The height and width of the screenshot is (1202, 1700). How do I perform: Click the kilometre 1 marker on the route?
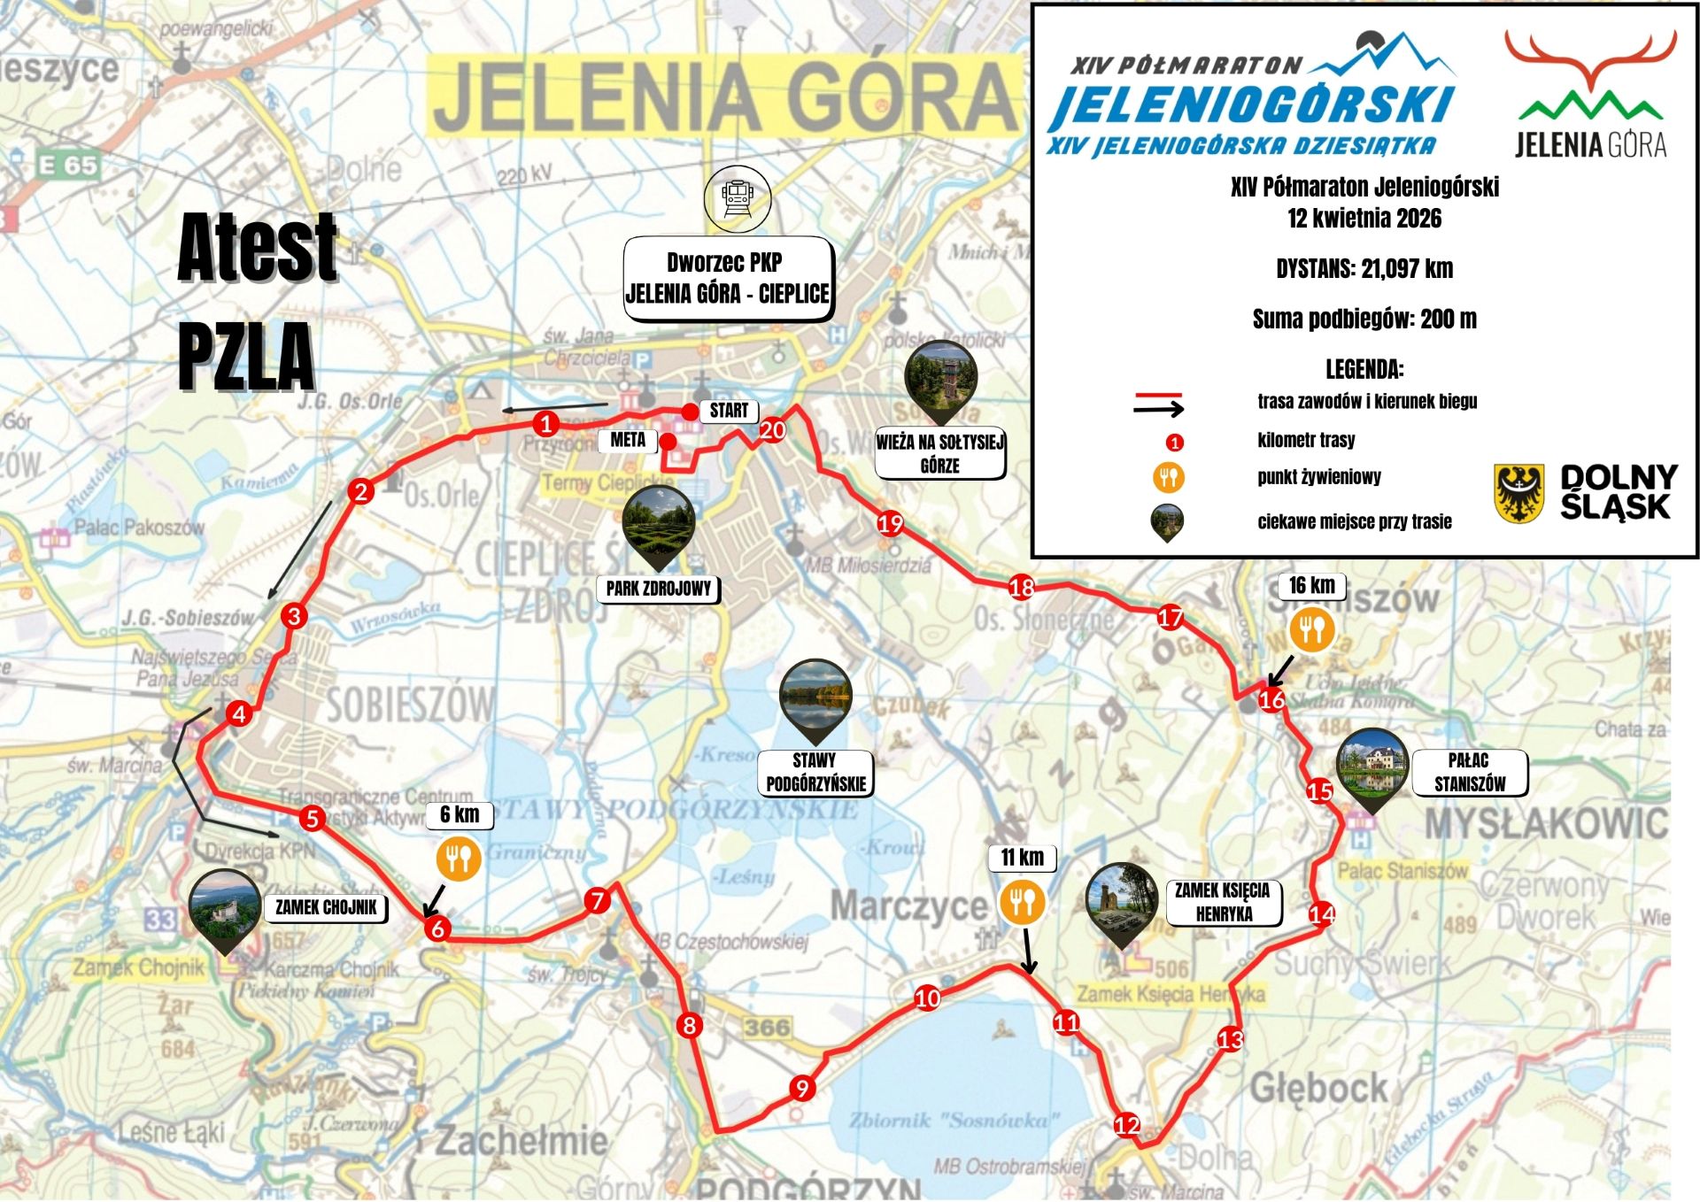[x=546, y=424]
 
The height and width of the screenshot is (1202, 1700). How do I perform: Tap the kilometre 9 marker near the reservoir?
[x=802, y=1088]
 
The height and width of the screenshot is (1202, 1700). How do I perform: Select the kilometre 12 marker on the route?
[x=1126, y=1125]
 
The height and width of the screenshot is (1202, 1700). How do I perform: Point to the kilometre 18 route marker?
[x=1022, y=587]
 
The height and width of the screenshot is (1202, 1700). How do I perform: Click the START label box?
[x=729, y=411]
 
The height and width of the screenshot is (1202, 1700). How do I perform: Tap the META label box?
[x=628, y=440]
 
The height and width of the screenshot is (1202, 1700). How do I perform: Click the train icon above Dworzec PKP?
[x=738, y=199]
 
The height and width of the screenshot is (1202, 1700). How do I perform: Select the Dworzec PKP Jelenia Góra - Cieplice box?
[x=728, y=278]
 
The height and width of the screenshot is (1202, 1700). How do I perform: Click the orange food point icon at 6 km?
[x=459, y=859]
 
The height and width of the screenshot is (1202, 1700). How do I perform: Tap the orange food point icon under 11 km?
[x=1023, y=903]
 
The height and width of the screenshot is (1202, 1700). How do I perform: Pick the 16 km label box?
[x=1311, y=586]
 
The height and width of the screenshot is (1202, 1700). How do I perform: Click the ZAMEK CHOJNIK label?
[x=326, y=907]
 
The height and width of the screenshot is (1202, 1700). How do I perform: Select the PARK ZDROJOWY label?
[x=659, y=589]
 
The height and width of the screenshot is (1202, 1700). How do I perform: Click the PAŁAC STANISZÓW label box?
[x=1469, y=773]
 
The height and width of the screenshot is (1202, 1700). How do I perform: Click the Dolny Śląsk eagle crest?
[x=1519, y=492]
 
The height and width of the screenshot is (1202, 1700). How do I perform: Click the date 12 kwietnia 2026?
[x=1364, y=219]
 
